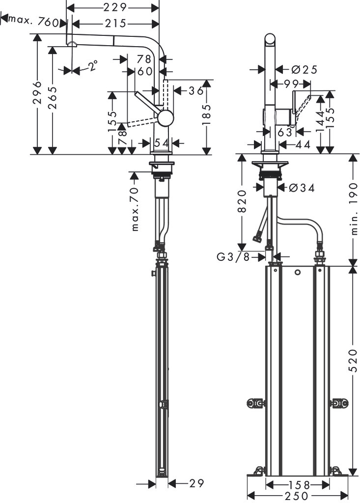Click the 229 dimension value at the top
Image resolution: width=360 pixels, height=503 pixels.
click(x=116, y=7)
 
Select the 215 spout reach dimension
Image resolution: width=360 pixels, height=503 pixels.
click(x=116, y=23)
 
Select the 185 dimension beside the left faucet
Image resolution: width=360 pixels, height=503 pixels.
click(x=207, y=114)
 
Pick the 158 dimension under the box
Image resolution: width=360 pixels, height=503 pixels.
click(x=298, y=484)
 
